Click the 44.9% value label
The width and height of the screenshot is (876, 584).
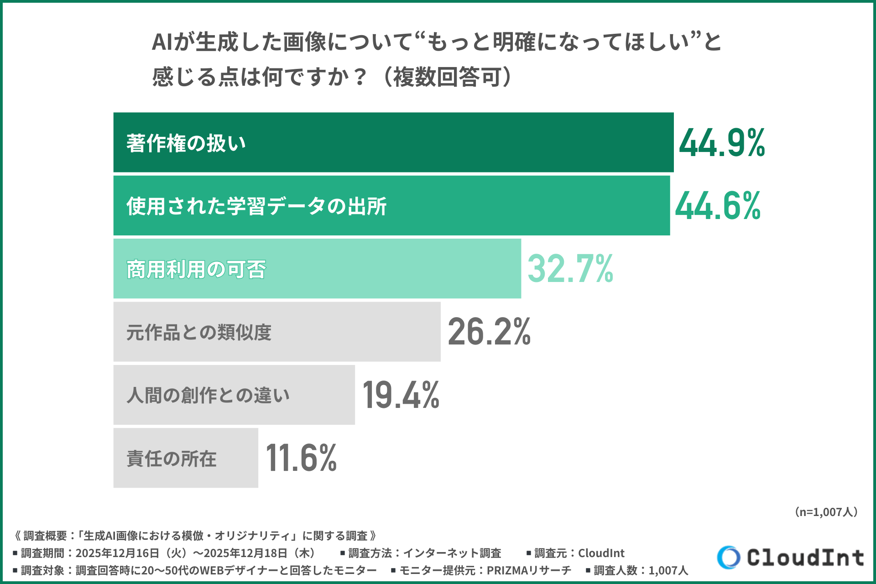[x=722, y=143]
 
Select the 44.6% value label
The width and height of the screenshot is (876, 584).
[x=718, y=206]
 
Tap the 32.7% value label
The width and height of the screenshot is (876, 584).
[x=570, y=269]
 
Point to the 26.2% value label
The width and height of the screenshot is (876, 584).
[x=489, y=332]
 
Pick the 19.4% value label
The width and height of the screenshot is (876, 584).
[x=401, y=395]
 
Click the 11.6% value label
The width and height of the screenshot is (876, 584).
[x=301, y=458]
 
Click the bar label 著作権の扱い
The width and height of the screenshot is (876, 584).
[x=186, y=143]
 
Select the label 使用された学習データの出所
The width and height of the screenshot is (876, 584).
[x=256, y=206]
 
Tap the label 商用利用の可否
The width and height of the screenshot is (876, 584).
[x=196, y=269]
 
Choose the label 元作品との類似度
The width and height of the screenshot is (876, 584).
[x=199, y=332]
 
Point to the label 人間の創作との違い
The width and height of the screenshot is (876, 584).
[x=208, y=395]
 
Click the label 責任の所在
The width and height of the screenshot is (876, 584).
[x=172, y=458]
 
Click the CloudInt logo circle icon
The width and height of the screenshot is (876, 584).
[x=728, y=557]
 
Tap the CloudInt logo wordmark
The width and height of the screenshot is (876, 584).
[x=805, y=558]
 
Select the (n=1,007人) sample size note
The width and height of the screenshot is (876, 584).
[x=826, y=512]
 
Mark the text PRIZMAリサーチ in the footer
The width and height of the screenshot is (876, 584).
[x=529, y=570]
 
